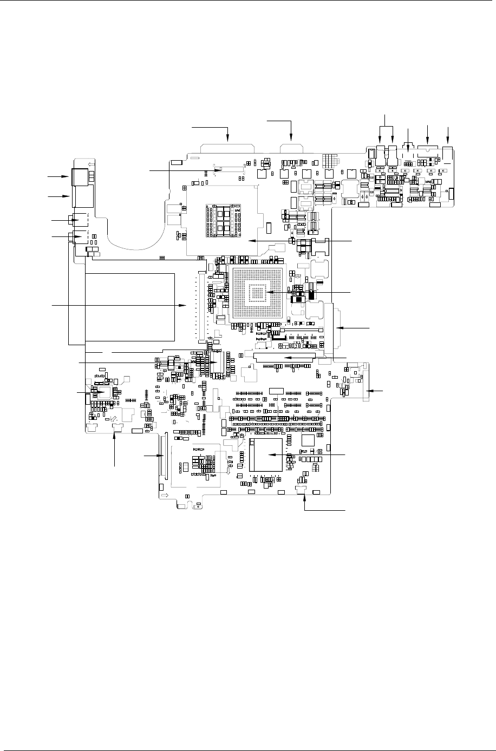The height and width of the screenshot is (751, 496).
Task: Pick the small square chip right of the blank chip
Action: pyautogui.click(x=308, y=439)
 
